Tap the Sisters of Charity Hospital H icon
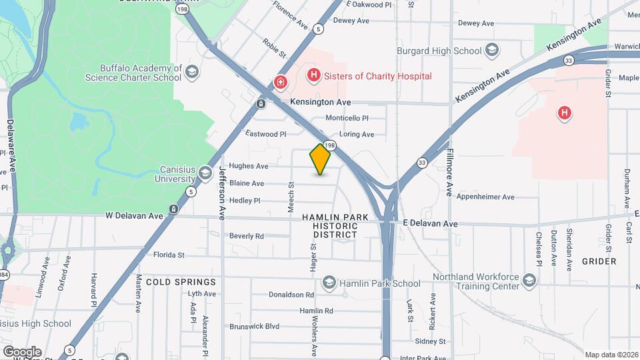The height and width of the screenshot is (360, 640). click(x=313, y=76)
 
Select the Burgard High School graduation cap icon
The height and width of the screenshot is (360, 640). click(x=491, y=51)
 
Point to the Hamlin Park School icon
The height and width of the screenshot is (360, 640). click(x=329, y=283)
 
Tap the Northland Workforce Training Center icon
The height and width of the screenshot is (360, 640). click(x=529, y=279)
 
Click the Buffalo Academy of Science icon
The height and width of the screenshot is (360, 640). click(x=191, y=72)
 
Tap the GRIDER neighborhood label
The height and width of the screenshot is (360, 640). click(x=598, y=261)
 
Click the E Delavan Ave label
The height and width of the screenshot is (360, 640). click(x=430, y=224)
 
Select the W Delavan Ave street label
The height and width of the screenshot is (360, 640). click(x=134, y=216)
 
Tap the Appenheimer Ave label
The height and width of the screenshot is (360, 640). click(x=485, y=197)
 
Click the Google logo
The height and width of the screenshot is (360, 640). click(x=22, y=352)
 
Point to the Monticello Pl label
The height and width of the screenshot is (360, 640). click(x=347, y=118)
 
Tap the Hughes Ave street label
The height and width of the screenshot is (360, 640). click(x=248, y=166)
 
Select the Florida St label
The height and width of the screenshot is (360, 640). click(x=168, y=255)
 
